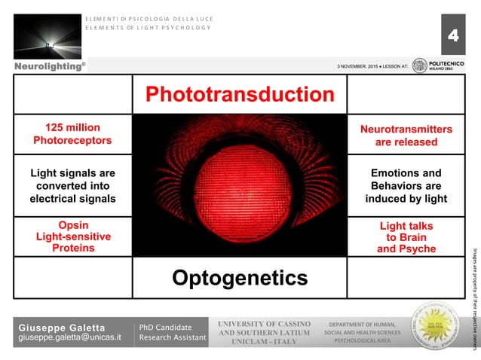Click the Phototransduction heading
click(239, 94)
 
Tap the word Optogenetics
click(240, 278)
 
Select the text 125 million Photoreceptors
click(72, 134)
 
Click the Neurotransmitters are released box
click(406, 136)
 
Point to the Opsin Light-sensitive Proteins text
click(73, 236)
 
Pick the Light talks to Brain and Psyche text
click(406, 237)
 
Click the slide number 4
click(452, 35)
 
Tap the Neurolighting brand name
click(44, 67)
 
